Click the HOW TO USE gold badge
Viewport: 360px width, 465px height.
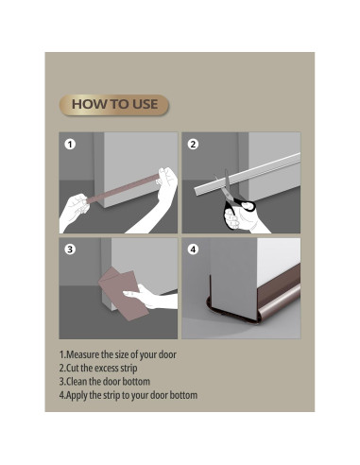(114, 105)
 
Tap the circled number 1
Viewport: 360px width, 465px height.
(70, 145)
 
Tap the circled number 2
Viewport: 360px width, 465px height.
(193, 145)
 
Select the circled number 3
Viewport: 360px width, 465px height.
(70, 250)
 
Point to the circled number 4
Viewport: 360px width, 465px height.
(193, 250)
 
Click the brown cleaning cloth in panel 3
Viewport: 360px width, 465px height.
(124, 293)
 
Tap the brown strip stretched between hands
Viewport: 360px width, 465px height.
(123, 189)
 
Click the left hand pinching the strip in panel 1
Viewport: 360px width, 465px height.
(75, 210)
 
